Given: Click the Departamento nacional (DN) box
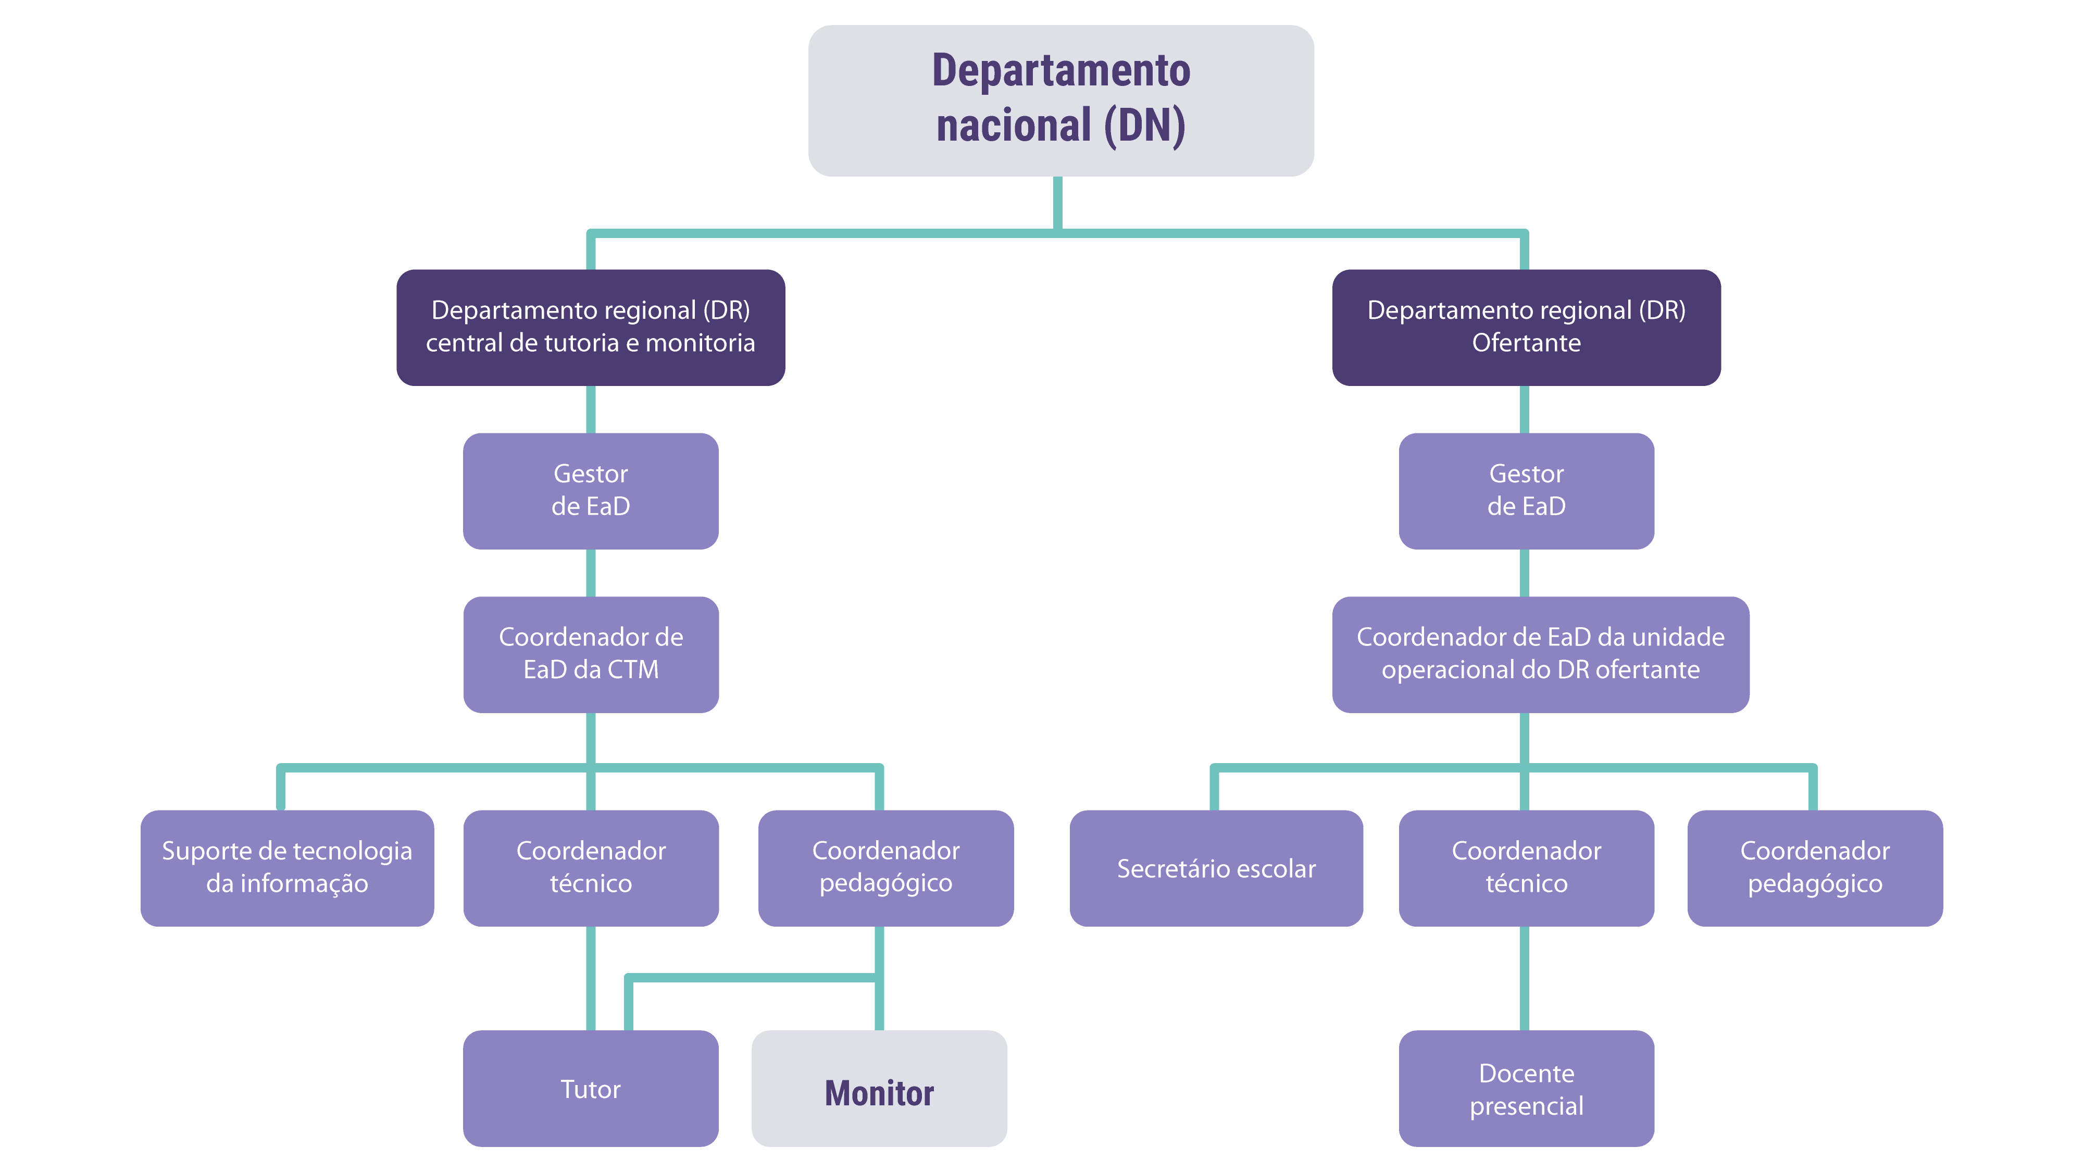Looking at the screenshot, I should (1060, 101).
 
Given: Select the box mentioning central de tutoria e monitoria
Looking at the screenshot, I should (591, 327).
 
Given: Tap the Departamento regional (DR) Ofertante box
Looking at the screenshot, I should (1526, 327).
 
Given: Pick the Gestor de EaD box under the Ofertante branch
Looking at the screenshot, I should (1526, 490).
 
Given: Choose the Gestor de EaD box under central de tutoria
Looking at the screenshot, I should (591, 490).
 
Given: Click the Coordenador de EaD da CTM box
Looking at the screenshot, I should (591, 654).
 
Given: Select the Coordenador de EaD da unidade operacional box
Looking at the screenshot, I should (1540, 654).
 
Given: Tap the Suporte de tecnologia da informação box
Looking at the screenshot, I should (287, 867).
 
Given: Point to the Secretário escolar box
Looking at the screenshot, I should (1216, 867).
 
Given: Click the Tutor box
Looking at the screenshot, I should (591, 1088).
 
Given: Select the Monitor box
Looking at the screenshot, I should (879, 1088).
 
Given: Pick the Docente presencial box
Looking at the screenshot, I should (1526, 1088).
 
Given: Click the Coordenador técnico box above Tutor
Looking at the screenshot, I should (591, 867).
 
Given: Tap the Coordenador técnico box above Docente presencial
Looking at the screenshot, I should (1526, 867).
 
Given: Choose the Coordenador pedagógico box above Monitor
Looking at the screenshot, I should (886, 867).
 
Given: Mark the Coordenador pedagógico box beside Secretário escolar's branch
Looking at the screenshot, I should (1815, 867).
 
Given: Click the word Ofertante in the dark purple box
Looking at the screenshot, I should (1526, 343).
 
